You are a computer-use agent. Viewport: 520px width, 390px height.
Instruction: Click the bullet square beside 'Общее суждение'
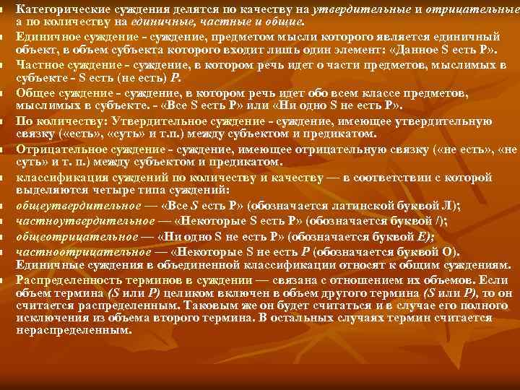(x=4, y=93)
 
